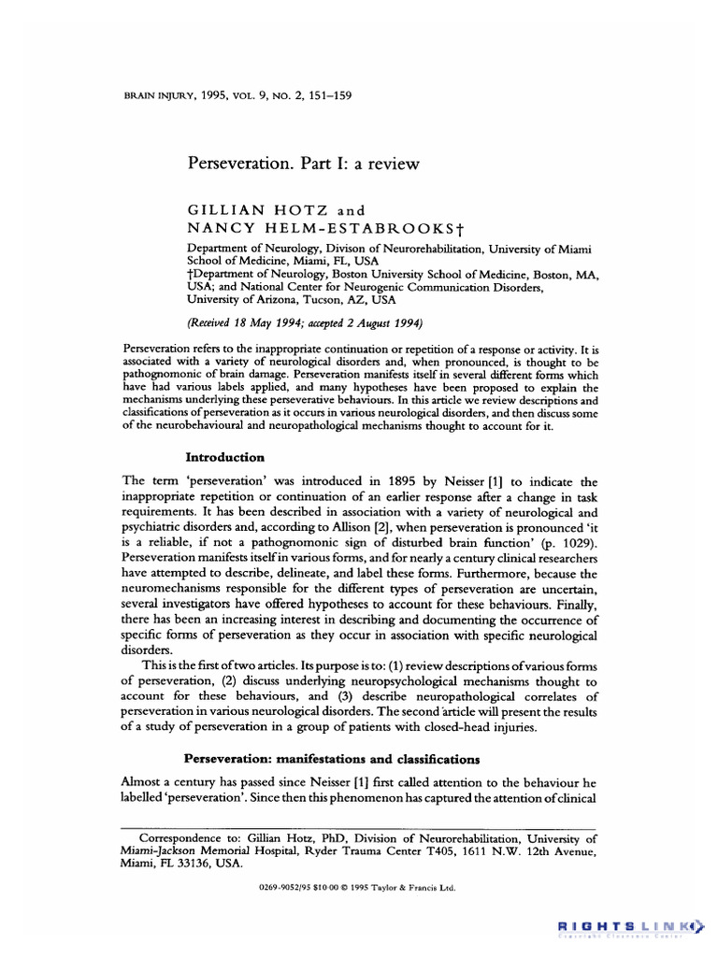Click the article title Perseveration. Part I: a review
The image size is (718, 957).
point(304,164)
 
